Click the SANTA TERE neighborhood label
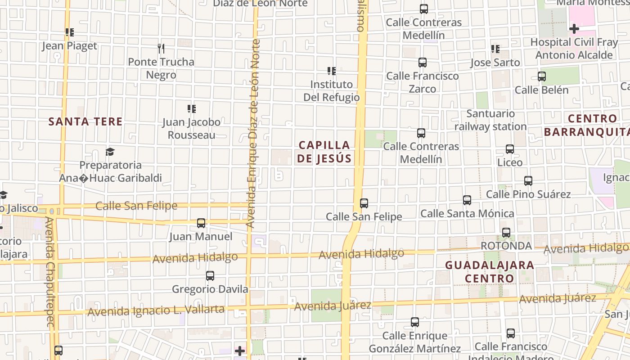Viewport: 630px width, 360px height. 85,121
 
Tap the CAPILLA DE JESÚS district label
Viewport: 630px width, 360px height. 324,152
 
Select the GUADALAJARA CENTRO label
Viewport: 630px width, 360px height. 490,271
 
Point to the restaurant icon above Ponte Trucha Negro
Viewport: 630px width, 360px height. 161,48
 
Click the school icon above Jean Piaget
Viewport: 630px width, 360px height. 69,32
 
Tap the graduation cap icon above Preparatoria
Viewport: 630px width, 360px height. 110,152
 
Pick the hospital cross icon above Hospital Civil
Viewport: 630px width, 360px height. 574,29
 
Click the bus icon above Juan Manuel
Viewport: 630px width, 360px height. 201,223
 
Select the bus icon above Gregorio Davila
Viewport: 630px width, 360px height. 210,276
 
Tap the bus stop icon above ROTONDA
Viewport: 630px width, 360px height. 506,233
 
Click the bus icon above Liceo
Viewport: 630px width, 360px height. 510,149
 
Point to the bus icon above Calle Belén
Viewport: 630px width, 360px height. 542,76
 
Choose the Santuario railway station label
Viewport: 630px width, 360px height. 490,120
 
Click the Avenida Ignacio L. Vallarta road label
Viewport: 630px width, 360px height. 156,310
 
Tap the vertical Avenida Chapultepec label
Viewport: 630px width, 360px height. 49,272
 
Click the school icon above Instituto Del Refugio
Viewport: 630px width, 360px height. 332,71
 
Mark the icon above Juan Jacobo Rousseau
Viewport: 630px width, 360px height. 192,108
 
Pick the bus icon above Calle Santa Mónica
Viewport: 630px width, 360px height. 467,200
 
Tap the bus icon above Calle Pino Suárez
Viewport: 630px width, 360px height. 528,181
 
